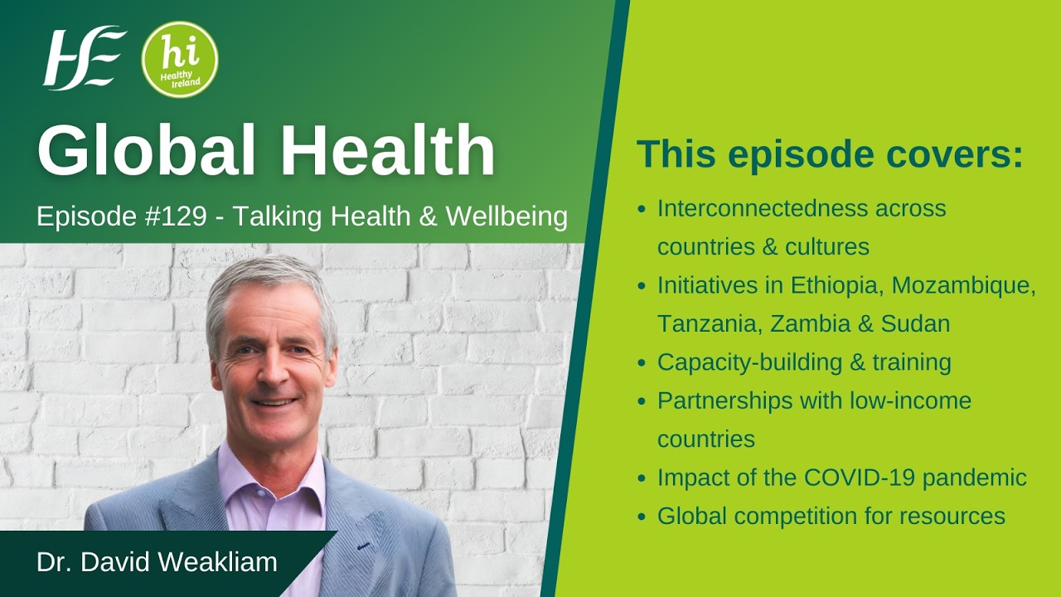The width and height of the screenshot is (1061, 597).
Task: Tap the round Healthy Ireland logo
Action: point(180,59)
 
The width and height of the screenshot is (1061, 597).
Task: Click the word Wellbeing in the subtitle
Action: point(506,217)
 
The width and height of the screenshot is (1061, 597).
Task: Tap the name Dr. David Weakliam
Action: point(157,562)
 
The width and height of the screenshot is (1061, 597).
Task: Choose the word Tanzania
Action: point(710,323)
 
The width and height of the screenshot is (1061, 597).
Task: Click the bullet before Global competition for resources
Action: point(642,517)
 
